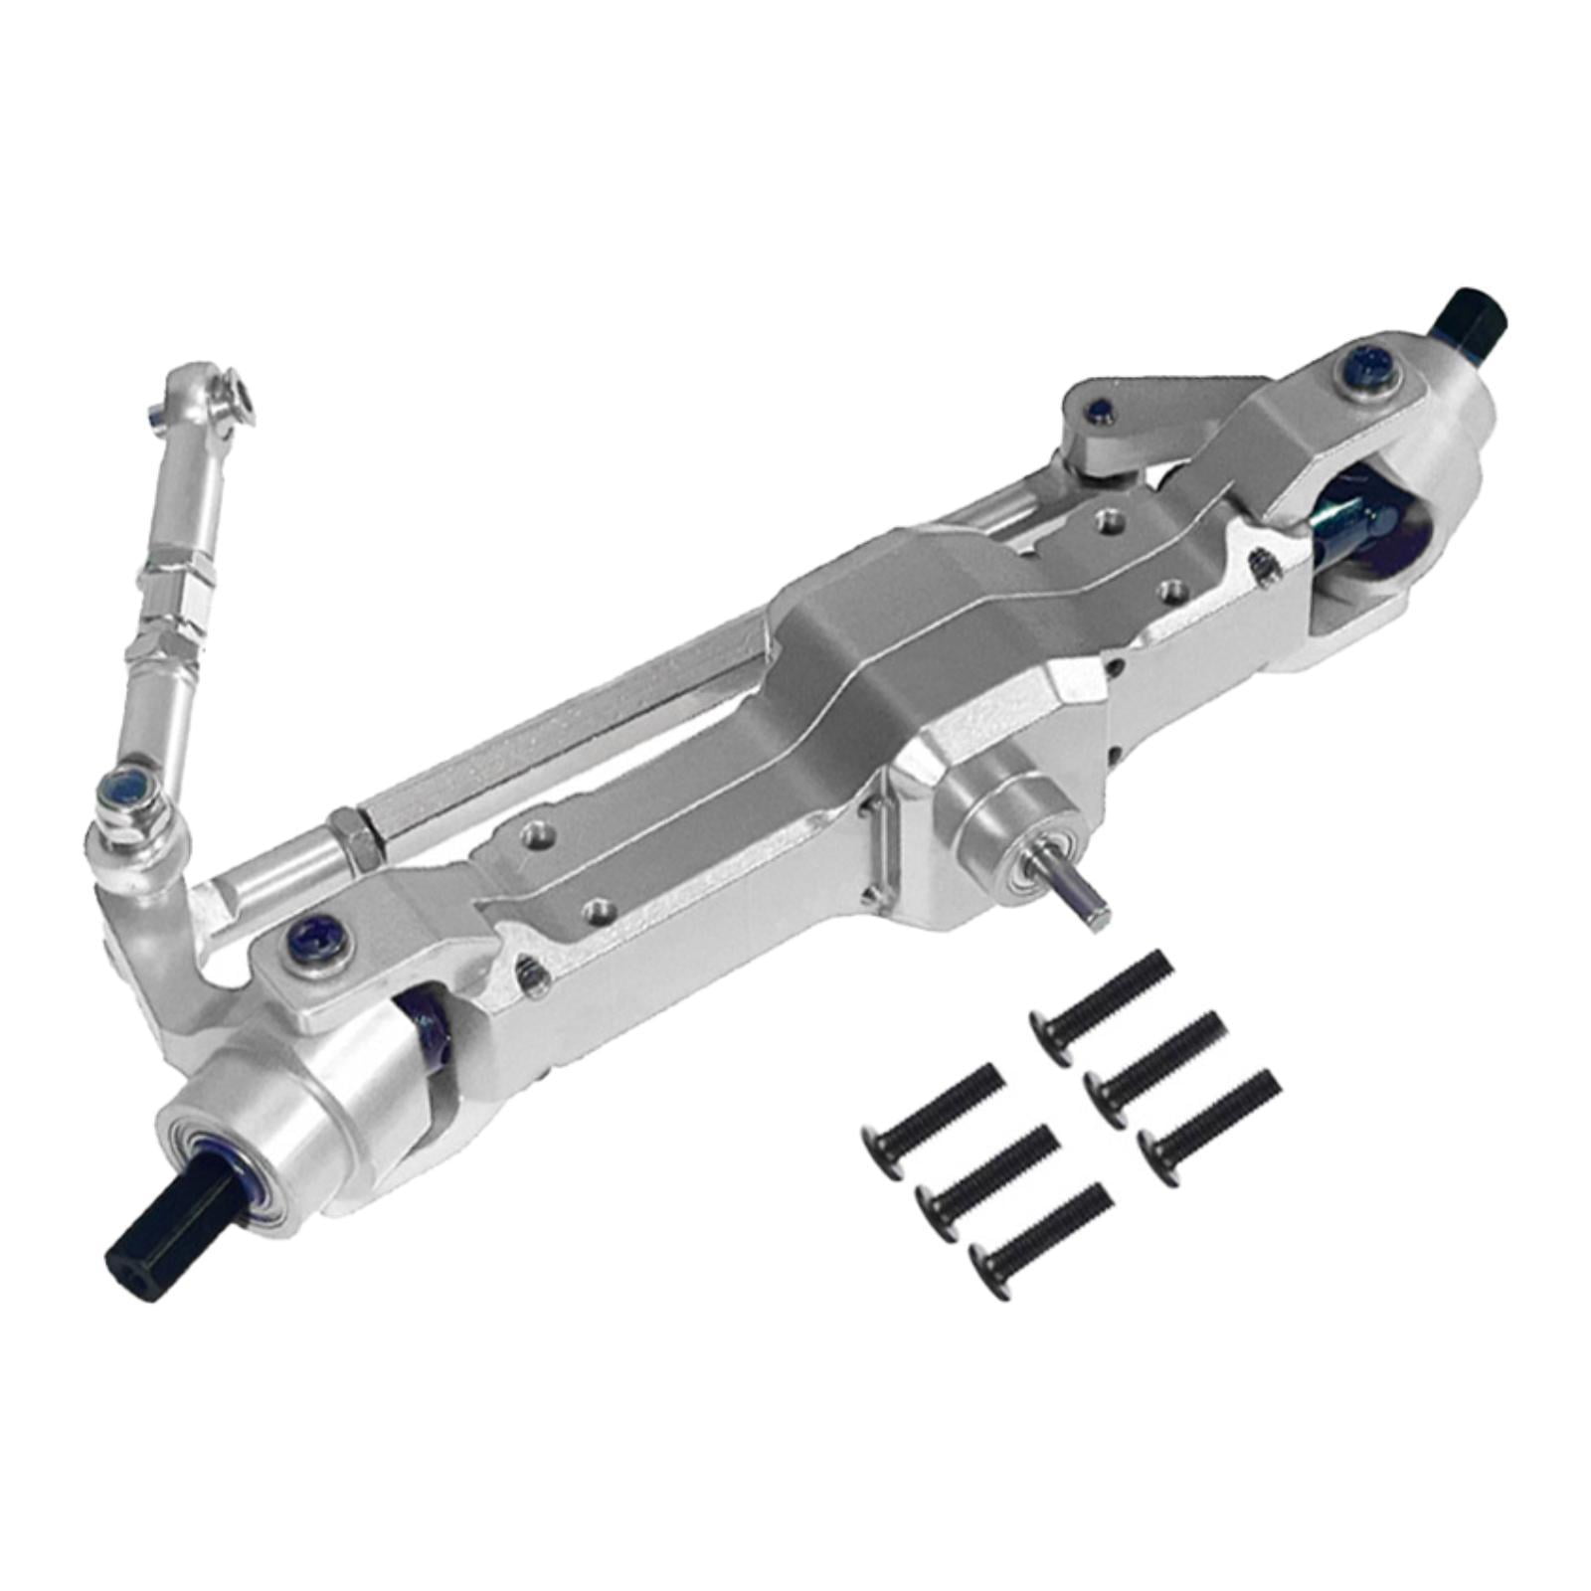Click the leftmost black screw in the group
(x=931, y=1109)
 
